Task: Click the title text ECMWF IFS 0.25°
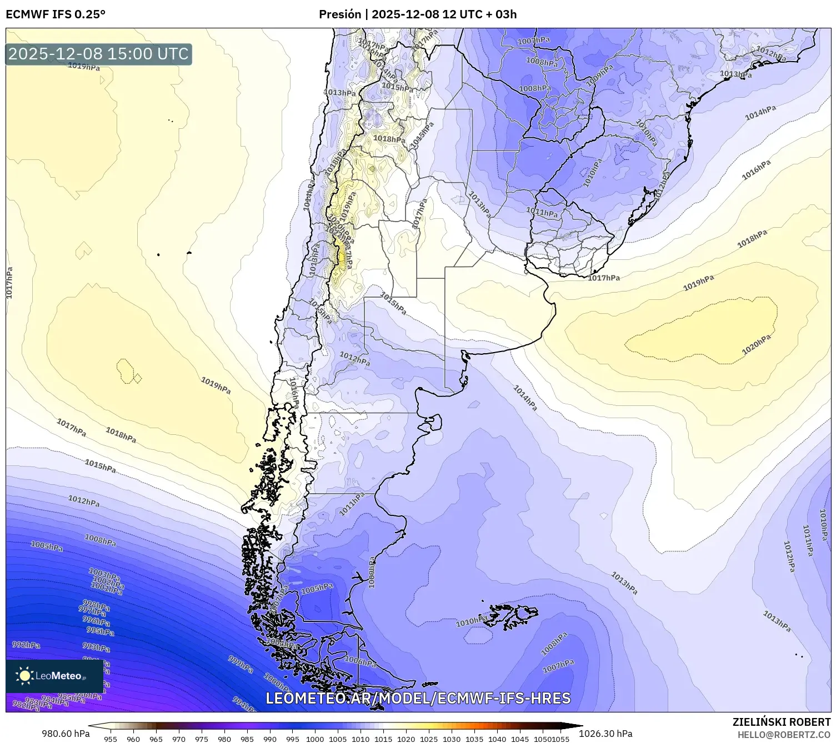coord(56,14)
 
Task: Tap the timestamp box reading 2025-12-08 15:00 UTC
coord(98,54)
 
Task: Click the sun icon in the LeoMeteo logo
coord(24,676)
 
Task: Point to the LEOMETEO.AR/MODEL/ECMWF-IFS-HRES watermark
coord(418,698)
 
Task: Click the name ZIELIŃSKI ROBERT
coord(782,722)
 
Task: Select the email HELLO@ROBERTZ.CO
coord(784,734)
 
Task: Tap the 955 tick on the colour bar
coord(111,739)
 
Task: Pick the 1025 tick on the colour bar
coord(429,739)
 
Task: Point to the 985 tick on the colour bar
coord(247,739)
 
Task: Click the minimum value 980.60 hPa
coord(66,734)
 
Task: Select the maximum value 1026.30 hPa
coord(605,734)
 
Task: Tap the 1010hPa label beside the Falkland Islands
coord(471,622)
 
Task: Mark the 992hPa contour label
coord(26,645)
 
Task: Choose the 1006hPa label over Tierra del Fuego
coord(361,661)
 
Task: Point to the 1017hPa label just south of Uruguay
coord(604,278)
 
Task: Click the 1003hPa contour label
coord(104,574)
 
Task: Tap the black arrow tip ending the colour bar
coord(578,725)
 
